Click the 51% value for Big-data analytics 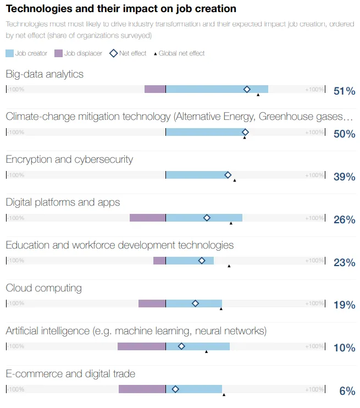click(x=344, y=91)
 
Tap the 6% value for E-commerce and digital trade click(x=347, y=391)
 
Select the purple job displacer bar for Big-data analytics click(x=155, y=89)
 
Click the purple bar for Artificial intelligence click(x=141, y=346)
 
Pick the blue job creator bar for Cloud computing click(x=193, y=304)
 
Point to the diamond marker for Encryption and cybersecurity click(x=228, y=175)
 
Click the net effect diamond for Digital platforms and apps click(x=207, y=218)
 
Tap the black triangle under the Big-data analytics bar click(x=258, y=95)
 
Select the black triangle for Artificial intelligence click(x=207, y=351)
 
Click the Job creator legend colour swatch click(x=10, y=53)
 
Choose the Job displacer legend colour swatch click(x=58, y=53)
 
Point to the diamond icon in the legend click(x=114, y=53)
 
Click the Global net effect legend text click(x=181, y=53)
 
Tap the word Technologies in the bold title click(x=34, y=9)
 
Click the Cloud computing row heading click(x=43, y=288)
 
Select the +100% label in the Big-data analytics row click(x=314, y=89)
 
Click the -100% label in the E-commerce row click(x=16, y=389)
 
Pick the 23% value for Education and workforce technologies click(x=344, y=262)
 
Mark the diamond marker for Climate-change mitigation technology click(x=245, y=132)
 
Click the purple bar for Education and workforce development click(x=159, y=261)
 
